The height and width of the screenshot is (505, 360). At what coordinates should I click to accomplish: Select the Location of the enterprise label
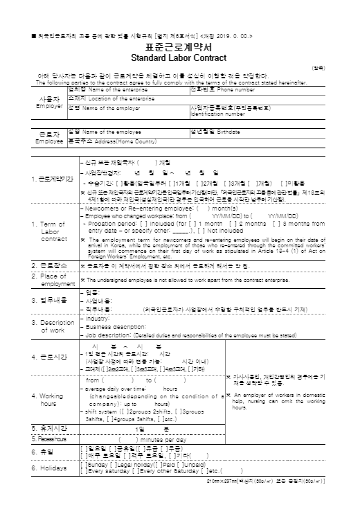[111, 99]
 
